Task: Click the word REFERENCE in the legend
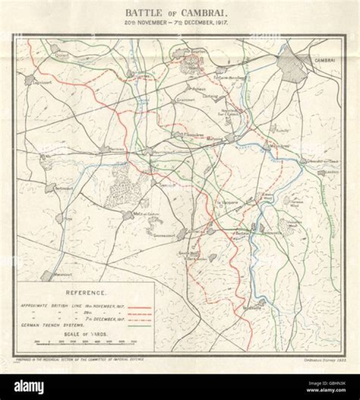point(85,292)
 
